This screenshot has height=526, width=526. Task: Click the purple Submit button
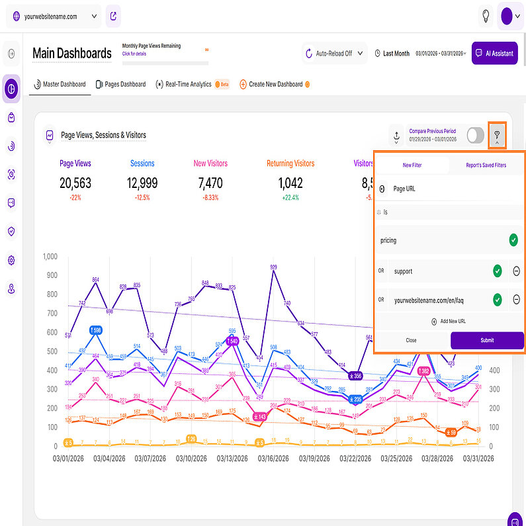point(487,341)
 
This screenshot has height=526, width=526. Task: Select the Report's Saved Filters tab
point(486,165)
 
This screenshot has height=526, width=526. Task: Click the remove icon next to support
point(516,271)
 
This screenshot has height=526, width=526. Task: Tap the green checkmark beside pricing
point(513,240)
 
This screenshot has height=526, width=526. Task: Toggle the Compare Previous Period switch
point(475,135)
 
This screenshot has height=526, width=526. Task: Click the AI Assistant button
point(494,54)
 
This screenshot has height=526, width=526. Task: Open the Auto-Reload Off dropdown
point(334,54)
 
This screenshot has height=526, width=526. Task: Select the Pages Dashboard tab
point(120,85)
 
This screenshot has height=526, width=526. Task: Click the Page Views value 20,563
point(75,183)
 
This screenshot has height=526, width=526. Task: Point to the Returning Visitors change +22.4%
point(290,197)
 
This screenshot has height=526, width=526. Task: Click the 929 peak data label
point(273,267)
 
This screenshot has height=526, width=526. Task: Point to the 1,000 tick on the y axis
point(50,257)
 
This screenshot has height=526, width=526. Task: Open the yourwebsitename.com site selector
point(54,16)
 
